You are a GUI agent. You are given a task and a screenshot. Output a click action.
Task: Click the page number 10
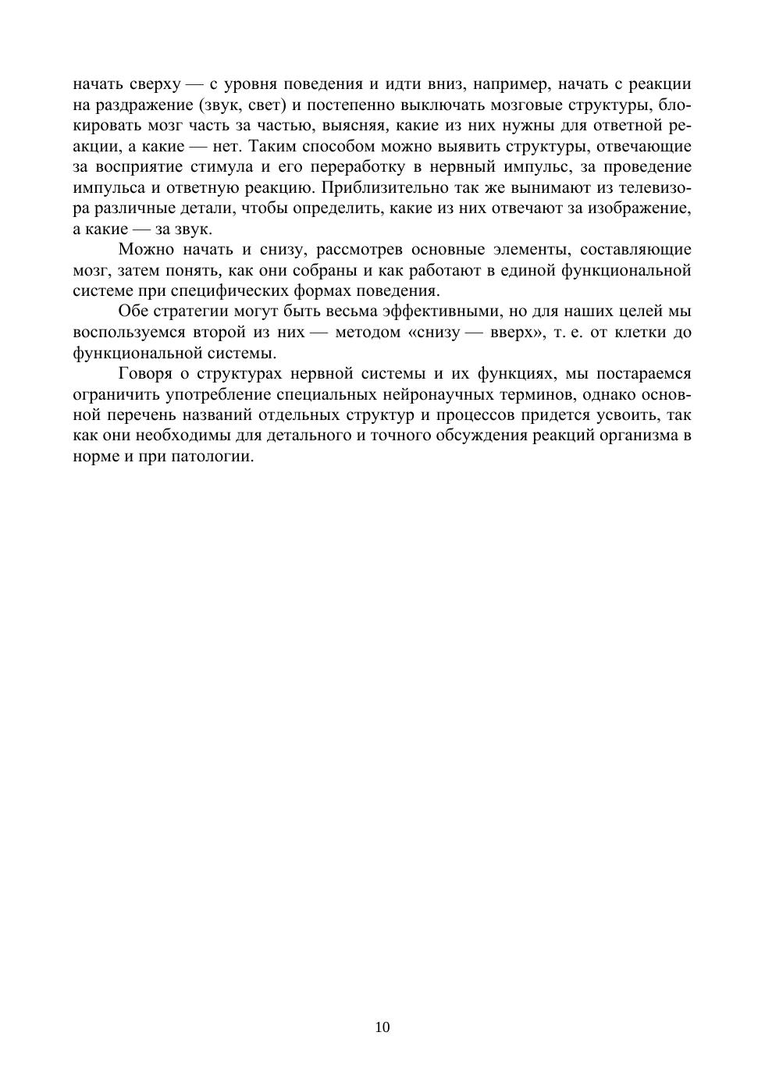[x=382, y=1027]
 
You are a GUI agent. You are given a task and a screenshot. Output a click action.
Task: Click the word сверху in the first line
[x=155, y=84]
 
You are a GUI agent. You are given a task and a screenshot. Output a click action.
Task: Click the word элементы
[x=531, y=250]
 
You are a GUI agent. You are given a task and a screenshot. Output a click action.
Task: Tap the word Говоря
[x=145, y=373]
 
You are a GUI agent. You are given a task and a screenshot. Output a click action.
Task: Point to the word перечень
[x=144, y=415]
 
